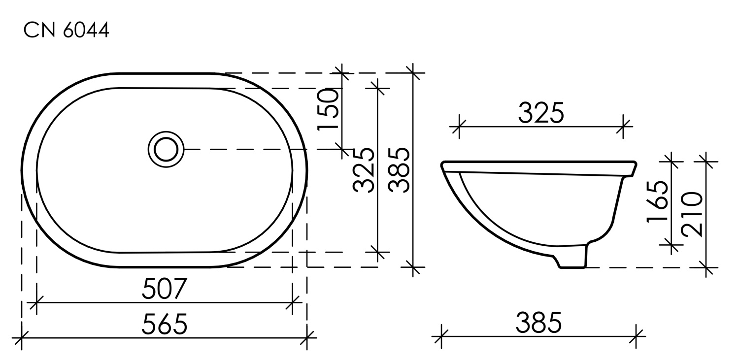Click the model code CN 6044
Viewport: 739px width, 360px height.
tap(66, 31)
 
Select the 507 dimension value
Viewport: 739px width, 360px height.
tap(164, 289)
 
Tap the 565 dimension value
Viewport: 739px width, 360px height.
tap(165, 324)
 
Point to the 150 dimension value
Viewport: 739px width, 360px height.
tap(329, 110)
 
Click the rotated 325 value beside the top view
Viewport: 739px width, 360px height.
tap(365, 170)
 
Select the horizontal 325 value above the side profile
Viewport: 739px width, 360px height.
tap(540, 114)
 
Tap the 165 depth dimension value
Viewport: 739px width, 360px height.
tap(658, 201)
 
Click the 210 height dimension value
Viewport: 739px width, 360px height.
tap(692, 214)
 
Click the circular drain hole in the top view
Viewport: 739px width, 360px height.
tap(166, 148)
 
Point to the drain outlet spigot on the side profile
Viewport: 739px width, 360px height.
tap(573, 259)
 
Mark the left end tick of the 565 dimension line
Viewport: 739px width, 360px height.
tap(22, 338)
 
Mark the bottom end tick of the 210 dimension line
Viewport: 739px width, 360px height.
tap(706, 268)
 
